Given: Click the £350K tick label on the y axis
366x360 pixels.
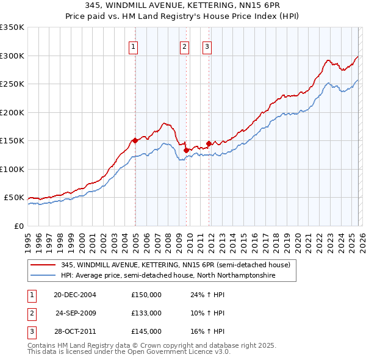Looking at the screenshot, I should [x=12, y=27].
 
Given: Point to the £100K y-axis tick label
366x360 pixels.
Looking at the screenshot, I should [x=12, y=169].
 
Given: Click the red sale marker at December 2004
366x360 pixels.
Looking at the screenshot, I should [x=135, y=140].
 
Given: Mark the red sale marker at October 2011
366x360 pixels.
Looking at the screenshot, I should [x=209, y=143].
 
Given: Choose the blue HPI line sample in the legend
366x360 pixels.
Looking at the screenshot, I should [x=44, y=276].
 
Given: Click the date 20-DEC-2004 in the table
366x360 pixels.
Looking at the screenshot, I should [x=75, y=294].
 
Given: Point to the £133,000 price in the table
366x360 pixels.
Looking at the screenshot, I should [x=146, y=313].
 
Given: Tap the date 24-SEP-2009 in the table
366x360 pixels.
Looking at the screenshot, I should [x=76, y=313].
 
